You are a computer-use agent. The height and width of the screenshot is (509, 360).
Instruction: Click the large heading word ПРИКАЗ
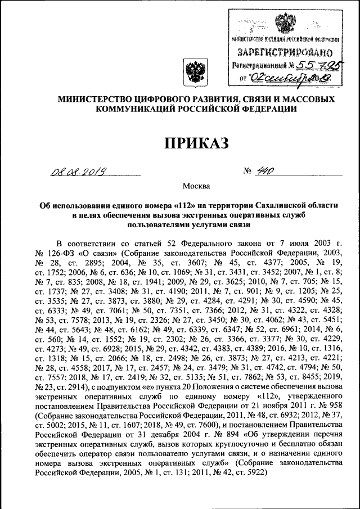(x=196, y=143)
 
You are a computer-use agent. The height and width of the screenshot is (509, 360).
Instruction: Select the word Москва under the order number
(x=196, y=186)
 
